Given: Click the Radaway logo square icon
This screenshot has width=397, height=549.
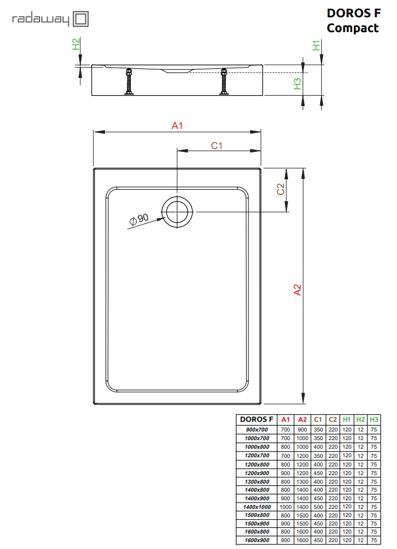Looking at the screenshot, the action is (80, 19).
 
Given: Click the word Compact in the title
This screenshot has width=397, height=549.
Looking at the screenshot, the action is (353, 28).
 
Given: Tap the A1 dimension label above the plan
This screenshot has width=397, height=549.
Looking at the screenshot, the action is (177, 126).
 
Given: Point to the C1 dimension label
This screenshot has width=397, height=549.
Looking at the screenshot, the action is (216, 146).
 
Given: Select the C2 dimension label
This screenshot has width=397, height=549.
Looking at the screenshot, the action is (281, 189).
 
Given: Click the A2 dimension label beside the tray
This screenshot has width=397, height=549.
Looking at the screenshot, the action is (297, 290).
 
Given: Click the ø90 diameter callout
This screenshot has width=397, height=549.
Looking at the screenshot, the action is (139, 219).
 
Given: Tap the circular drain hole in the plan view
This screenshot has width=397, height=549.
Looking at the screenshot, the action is (177, 212).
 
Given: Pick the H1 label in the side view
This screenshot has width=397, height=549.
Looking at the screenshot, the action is (316, 45).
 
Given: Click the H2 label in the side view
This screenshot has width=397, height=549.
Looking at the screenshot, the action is (76, 44).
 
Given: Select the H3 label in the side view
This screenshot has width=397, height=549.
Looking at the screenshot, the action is (297, 84).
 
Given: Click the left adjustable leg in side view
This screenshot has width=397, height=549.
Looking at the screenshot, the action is (129, 81).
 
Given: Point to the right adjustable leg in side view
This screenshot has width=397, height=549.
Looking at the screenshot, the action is (223, 81).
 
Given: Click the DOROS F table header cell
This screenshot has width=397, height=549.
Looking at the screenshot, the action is (256, 419).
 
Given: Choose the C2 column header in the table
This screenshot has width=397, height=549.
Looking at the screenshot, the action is (333, 419).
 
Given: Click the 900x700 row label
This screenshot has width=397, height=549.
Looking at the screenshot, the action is (256, 430).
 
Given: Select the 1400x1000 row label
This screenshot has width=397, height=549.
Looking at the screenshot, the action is (256, 507).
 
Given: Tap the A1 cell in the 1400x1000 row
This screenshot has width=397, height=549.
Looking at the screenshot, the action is (286, 507).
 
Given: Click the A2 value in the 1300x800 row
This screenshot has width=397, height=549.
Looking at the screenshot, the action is (302, 481).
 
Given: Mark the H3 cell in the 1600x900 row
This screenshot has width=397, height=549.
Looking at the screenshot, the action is (374, 540).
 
